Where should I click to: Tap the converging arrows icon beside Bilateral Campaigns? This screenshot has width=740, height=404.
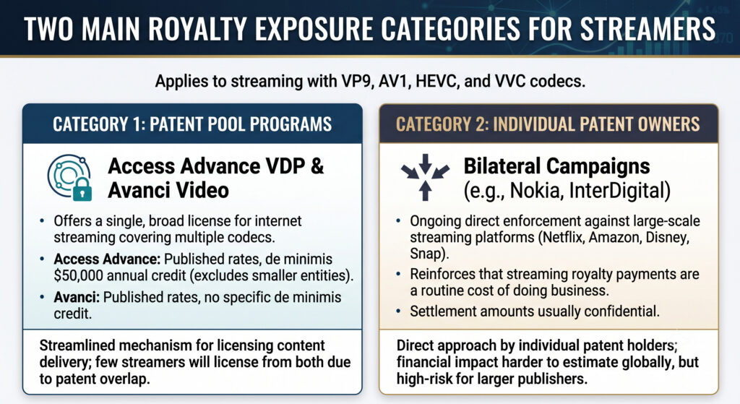point(425,177)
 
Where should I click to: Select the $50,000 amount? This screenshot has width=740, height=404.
point(75,275)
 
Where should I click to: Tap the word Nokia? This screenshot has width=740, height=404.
point(537,191)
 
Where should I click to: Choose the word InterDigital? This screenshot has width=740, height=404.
point(617,191)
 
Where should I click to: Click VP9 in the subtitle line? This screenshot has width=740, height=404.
point(353,81)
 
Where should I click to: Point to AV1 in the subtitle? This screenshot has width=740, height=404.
point(391,81)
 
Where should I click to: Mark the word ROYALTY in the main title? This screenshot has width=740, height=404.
point(198,29)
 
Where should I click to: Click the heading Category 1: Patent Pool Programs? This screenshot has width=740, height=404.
point(192,124)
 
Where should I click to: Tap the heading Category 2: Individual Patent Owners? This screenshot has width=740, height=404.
point(548,124)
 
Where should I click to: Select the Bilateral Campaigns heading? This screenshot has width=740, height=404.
point(556,167)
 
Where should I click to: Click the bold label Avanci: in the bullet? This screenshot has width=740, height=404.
point(77,297)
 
